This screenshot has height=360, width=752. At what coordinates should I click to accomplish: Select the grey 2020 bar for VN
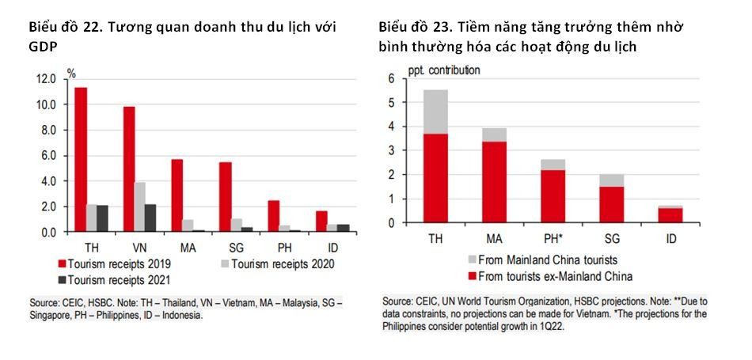coord(140,207)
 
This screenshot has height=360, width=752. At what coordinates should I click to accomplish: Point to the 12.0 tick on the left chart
coord(44,79)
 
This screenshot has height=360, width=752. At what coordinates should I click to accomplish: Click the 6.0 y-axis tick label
coord(47,156)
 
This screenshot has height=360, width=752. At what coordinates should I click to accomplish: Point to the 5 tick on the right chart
coord(390,102)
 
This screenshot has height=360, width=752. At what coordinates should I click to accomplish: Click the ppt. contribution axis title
coord(444,70)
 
